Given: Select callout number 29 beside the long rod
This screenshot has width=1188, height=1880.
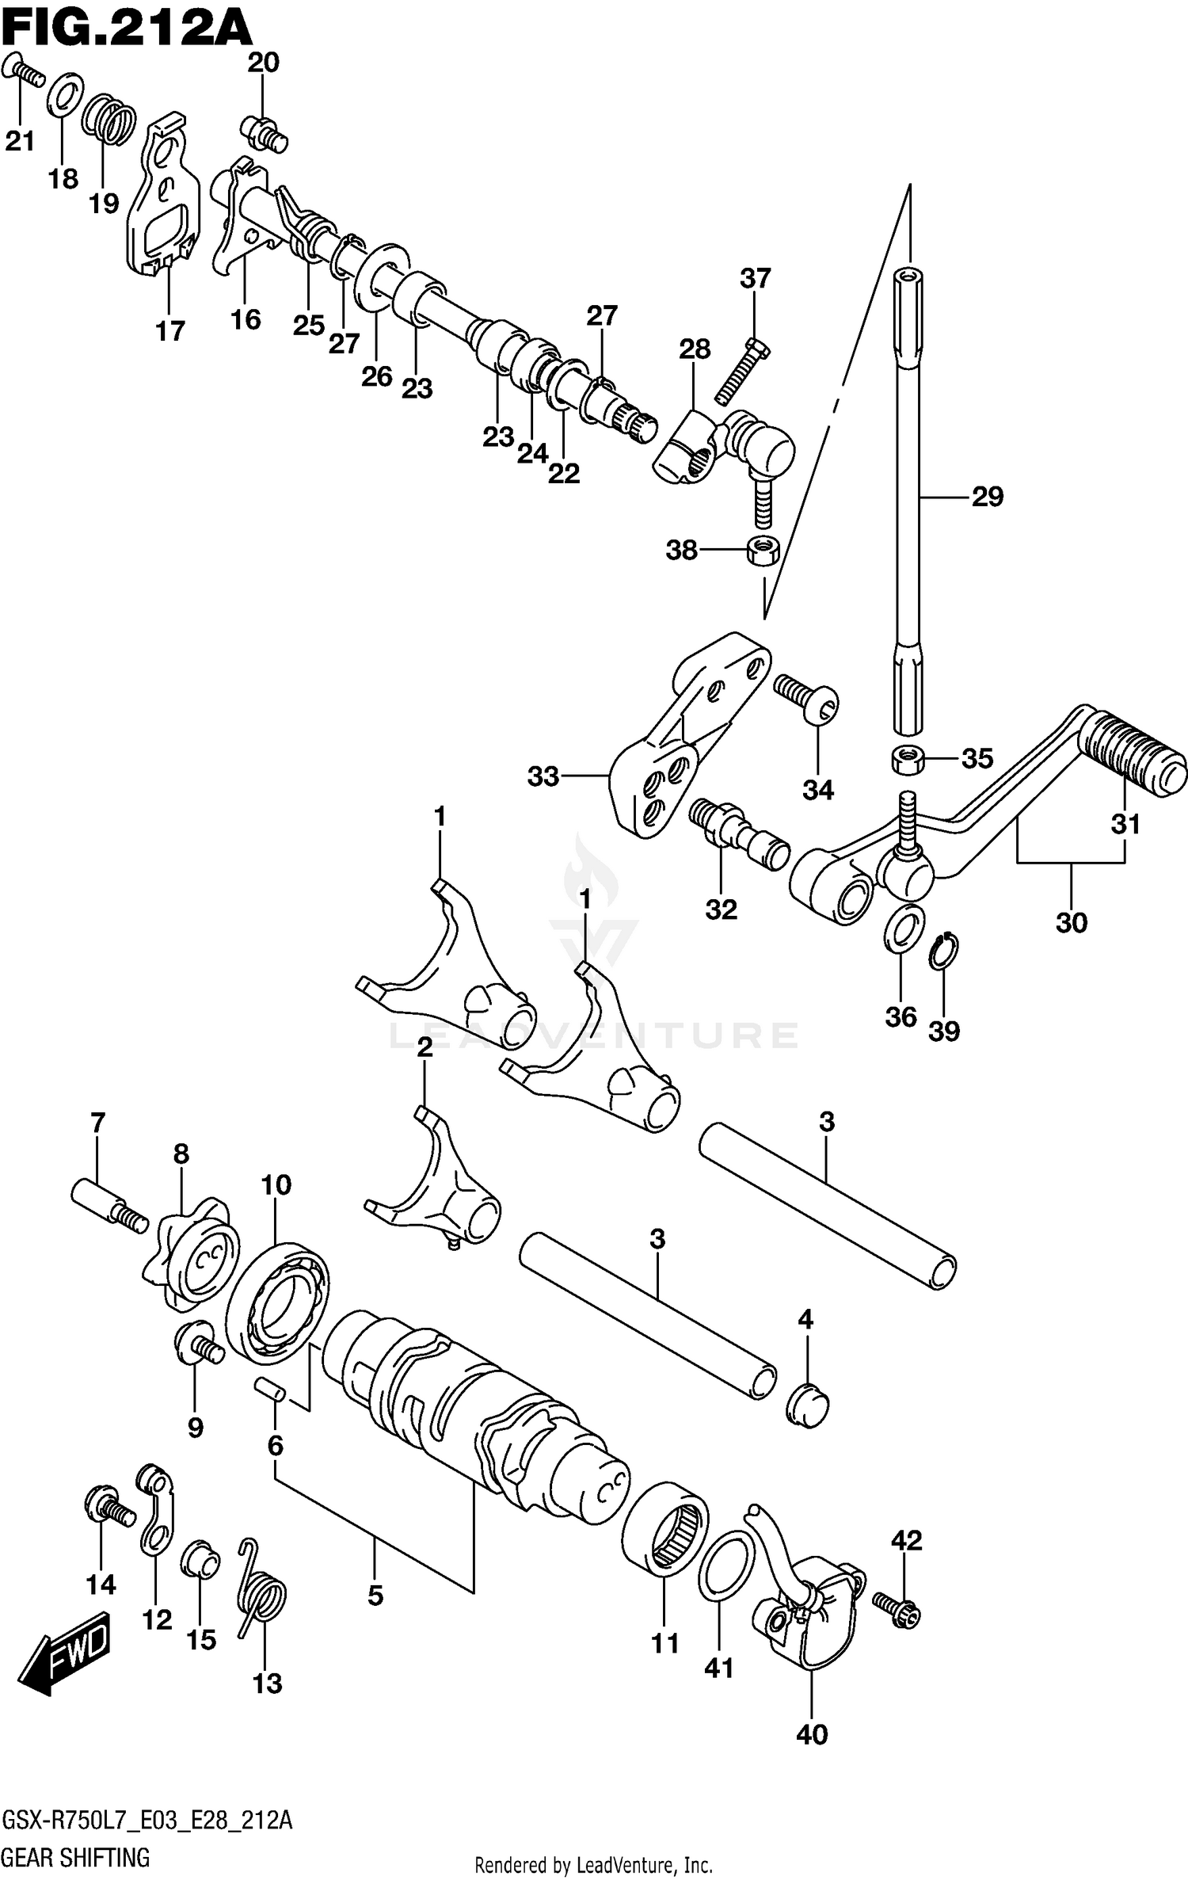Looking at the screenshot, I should pos(987,497).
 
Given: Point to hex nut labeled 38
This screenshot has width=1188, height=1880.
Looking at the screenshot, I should pos(763,549).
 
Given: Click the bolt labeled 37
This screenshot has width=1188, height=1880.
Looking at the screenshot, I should pos(742,370).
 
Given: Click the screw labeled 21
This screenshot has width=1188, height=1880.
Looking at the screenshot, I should pos(24,73).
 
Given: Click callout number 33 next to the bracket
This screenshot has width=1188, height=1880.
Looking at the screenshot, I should pos(543,777).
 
